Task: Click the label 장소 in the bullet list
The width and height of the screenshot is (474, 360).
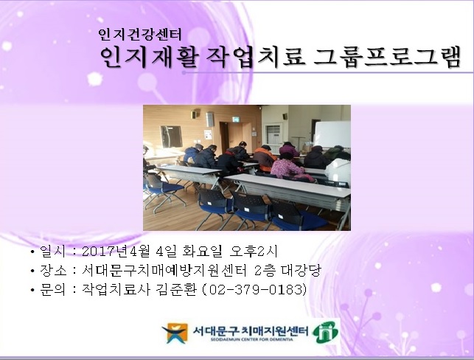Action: (54, 271)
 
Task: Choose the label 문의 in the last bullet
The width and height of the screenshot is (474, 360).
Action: (54, 289)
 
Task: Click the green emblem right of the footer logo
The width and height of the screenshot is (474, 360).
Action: (325, 332)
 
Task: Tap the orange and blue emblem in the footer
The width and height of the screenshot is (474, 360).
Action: (175, 333)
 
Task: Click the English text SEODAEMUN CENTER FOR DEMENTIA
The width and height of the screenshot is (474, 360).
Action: (250, 341)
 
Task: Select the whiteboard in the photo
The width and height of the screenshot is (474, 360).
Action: (332, 134)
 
